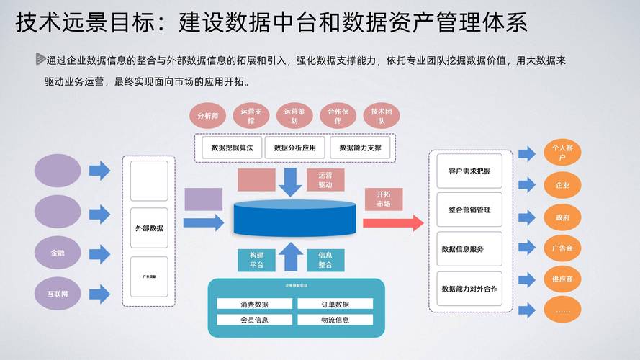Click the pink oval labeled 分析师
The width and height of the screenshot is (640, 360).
pos(208,115)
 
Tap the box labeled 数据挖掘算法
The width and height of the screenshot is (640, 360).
pos(227,148)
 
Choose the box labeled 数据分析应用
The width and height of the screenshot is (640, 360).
pos(290,148)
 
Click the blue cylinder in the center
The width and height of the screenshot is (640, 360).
pos(294,220)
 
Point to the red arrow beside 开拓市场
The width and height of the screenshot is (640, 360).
pos(392,222)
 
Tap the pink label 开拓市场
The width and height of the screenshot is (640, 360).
pos(384,199)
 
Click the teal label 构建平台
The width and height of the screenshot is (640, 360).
pos(256,260)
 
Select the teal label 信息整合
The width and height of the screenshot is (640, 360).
pos(325,260)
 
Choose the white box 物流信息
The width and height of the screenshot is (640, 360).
pos(335,320)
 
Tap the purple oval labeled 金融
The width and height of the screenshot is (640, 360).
pos(58,253)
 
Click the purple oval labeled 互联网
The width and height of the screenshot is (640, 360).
pos(58,292)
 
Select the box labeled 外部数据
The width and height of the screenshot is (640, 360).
pos(149,228)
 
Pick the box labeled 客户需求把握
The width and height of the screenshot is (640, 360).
pos(469,171)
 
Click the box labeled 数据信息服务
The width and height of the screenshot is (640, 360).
pos(469,249)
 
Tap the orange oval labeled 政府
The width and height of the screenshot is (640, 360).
pos(562,217)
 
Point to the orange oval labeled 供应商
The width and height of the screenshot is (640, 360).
pos(562,279)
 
